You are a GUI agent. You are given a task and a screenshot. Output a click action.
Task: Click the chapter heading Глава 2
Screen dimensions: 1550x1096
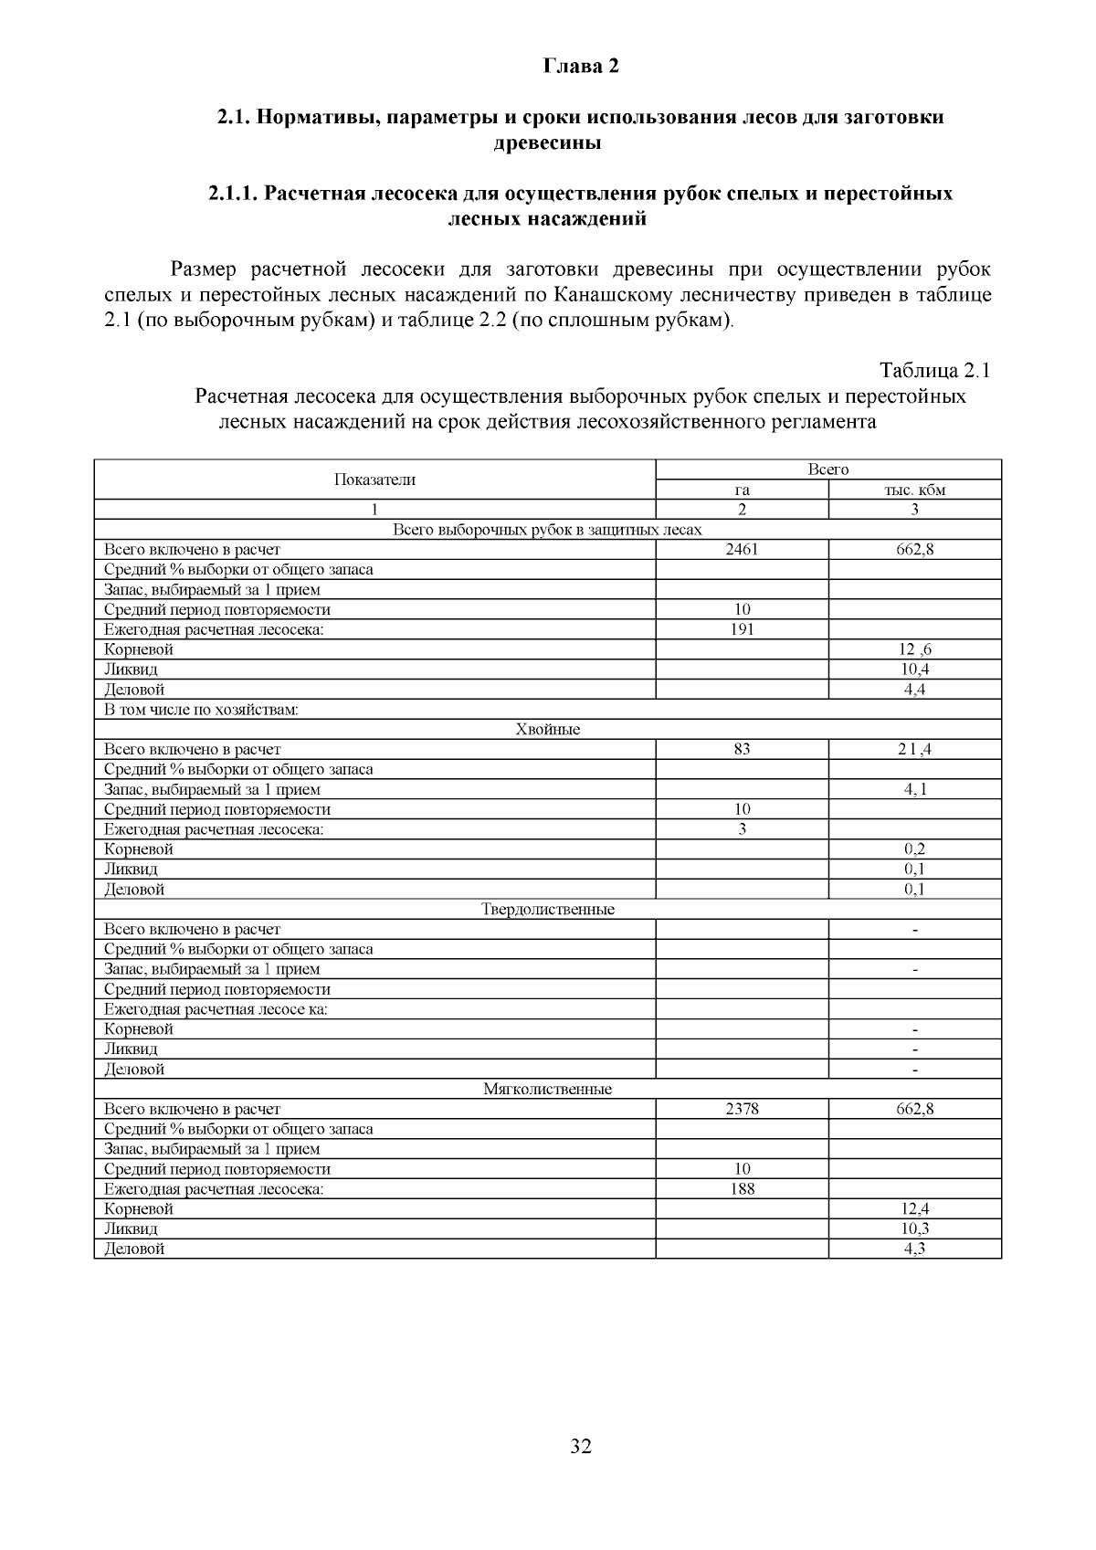pos(581,66)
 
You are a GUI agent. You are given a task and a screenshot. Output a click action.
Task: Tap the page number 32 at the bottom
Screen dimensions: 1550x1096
pos(581,1446)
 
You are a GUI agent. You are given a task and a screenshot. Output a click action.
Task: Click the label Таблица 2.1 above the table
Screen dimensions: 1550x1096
pos(934,370)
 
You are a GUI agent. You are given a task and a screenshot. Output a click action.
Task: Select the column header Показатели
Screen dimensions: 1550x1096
pos(374,480)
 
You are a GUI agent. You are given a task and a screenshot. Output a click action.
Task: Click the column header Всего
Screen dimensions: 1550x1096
pos(827,469)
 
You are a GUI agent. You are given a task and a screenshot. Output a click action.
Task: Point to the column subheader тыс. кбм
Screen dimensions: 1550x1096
pos(914,490)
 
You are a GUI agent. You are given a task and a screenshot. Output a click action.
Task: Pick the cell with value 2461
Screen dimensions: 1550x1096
pos(742,550)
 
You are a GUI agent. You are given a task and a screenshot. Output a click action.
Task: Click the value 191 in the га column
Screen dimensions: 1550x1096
pos(742,629)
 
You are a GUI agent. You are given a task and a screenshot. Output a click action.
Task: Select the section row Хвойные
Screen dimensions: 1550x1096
pos(547,730)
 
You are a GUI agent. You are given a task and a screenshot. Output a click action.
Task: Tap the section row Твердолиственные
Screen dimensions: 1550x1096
pos(547,910)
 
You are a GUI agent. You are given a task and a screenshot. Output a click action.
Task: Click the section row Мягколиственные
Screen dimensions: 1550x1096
pos(547,1090)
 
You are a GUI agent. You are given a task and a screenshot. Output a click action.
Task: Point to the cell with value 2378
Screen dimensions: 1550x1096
pos(742,1110)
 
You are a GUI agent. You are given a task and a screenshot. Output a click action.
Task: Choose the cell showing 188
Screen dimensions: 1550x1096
pos(742,1189)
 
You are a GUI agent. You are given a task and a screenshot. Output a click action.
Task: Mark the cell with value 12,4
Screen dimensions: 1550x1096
pos(914,1209)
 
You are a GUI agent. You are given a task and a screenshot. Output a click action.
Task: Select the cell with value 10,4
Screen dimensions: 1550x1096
pos(914,670)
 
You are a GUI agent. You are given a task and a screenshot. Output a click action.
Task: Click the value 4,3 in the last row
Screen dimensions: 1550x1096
pos(914,1249)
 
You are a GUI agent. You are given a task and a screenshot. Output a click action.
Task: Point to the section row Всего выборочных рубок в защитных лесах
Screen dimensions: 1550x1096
pos(547,530)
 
